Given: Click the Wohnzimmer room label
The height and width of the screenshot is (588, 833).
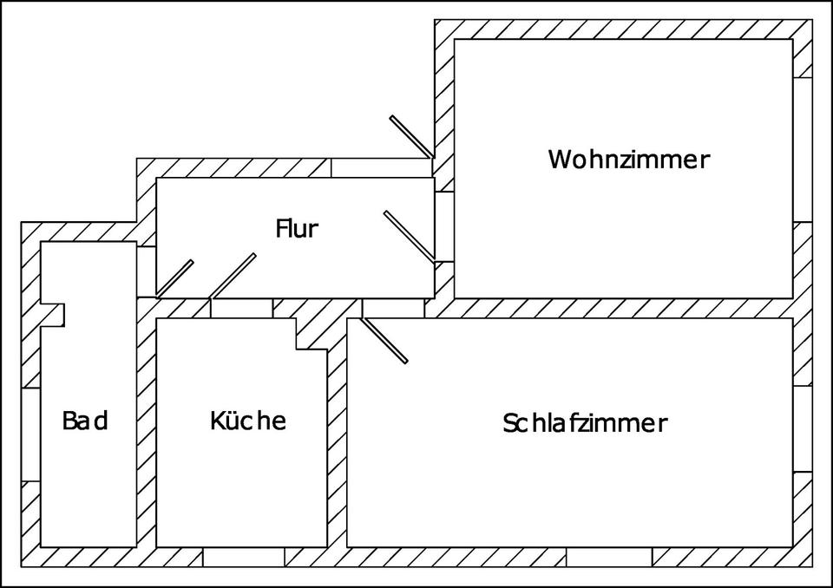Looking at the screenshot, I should pyautogui.click(x=628, y=160).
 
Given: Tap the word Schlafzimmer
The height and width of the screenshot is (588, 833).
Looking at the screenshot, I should pyautogui.click(x=584, y=423).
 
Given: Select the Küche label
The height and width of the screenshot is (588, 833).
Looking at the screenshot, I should pyautogui.click(x=247, y=421).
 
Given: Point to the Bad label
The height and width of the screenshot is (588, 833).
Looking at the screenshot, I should pyautogui.click(x=85, y=421).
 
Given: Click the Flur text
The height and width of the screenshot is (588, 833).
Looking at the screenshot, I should pyautogui.click(x=297, y=229).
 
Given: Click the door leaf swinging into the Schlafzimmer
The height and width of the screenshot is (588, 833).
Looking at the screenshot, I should pyautogui.click(x=384, y=340).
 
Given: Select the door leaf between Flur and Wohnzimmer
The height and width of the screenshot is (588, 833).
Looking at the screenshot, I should pyautogui.click(x=409, y=236).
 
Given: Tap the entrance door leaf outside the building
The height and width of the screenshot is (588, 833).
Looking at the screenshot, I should pyautogui.click(x=411, y=136).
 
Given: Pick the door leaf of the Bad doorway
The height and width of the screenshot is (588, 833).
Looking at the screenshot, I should pyautogui.click(x=174, y=278).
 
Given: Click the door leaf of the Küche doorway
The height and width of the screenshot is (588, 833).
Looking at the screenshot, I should pyautogui.click(x=233, y=275).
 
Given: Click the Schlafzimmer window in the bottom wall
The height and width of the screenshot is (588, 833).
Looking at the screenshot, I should pyautogui.click(x=609, y=557).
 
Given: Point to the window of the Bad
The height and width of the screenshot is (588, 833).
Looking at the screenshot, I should pyautogui.click(x=30, y=434).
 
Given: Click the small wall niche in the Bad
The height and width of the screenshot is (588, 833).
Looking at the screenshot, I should pyautogui.click(x=53, y=314).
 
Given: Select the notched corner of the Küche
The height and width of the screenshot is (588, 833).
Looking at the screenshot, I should pyautogui.click(x=310, y=335).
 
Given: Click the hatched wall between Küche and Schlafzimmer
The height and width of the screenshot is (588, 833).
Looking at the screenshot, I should pyautogui.click(x=337, y=434).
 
